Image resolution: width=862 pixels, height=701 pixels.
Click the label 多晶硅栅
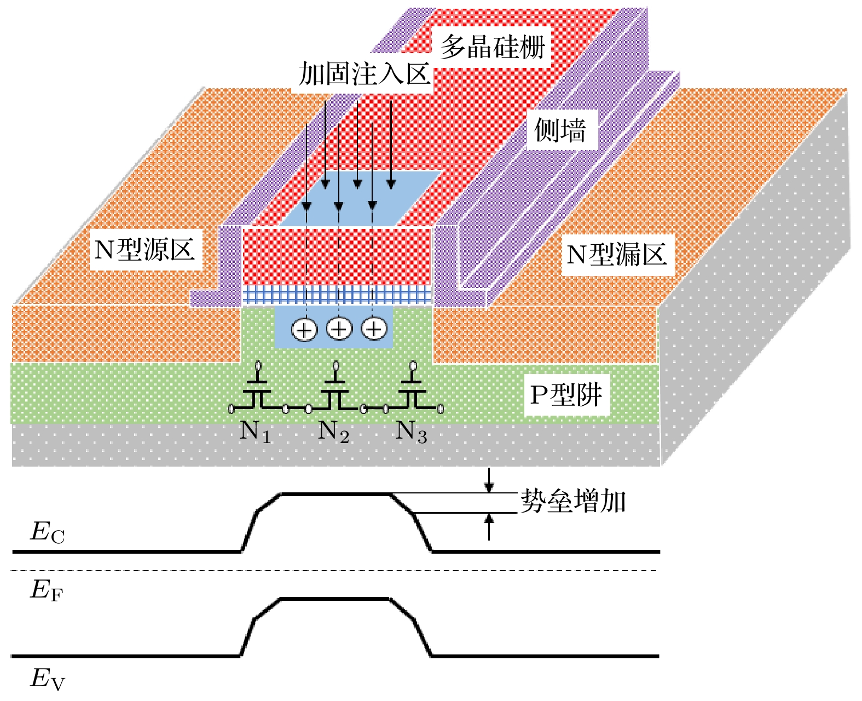click(x=493, y=47)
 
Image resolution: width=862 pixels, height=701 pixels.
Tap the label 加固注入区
click(x=365, y=74)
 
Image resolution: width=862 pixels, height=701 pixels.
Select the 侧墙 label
click(x=560, y=130)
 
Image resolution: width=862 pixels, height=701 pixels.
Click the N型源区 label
click(x=145, y=250)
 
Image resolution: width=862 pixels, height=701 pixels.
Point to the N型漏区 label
click(x=617, y=255)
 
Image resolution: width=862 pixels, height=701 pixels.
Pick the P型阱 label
click(x=566, y=395)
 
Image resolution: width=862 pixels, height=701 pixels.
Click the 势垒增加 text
click(x=573, y=501)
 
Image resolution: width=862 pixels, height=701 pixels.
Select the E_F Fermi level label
click(x=47, y=590)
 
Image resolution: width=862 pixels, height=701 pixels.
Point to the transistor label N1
click(x=255, y=432)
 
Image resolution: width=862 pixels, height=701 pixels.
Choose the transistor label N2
click(x=333, y=432)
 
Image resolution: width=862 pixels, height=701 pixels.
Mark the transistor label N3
click(x=411, y=432)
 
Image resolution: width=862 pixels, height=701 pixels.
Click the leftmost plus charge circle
click(x=304, y=330)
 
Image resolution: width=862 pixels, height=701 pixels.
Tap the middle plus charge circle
click(x=339, y=329)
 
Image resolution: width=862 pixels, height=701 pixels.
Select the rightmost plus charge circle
click(x=374, y=329)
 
